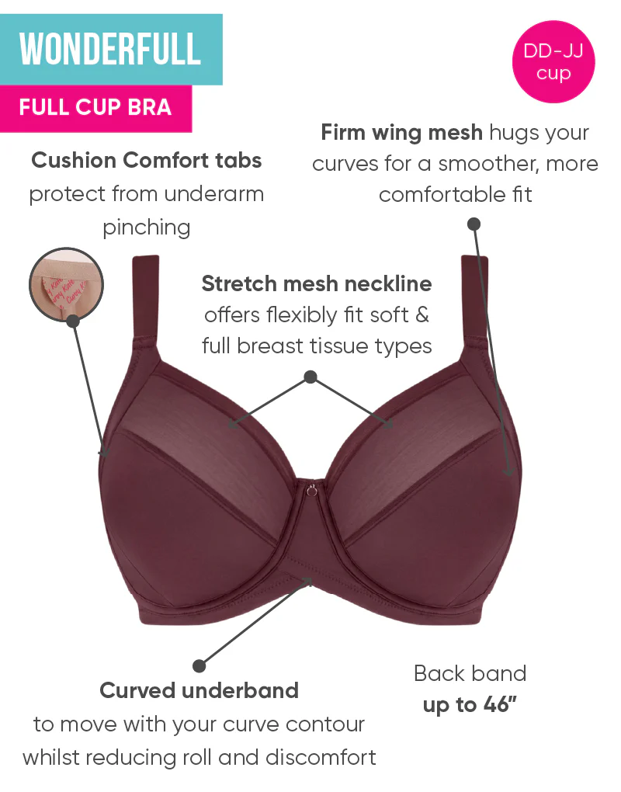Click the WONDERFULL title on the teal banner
coord(110,49)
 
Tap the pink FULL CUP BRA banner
coord(95,108)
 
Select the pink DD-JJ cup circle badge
coord(553,61)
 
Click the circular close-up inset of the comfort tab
coord(66,284)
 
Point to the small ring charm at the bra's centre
coord(312,489)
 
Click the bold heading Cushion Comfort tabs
coord(147,160)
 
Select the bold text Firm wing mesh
coord(402,132)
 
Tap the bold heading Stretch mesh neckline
coord(317,283)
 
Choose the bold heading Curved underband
coord(199,690)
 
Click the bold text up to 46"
coord(470,704)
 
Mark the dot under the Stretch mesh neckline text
coord(311,377)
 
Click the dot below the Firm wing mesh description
coord(474,224)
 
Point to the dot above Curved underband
coord(199,665)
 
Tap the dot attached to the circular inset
coord(73,320)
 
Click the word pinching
coord(147,228)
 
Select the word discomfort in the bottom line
coord(321,757)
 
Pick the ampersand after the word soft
coord(422,315)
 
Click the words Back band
coord(470,673)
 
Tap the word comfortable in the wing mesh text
coord(442,194)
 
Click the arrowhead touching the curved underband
coord(307,582)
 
